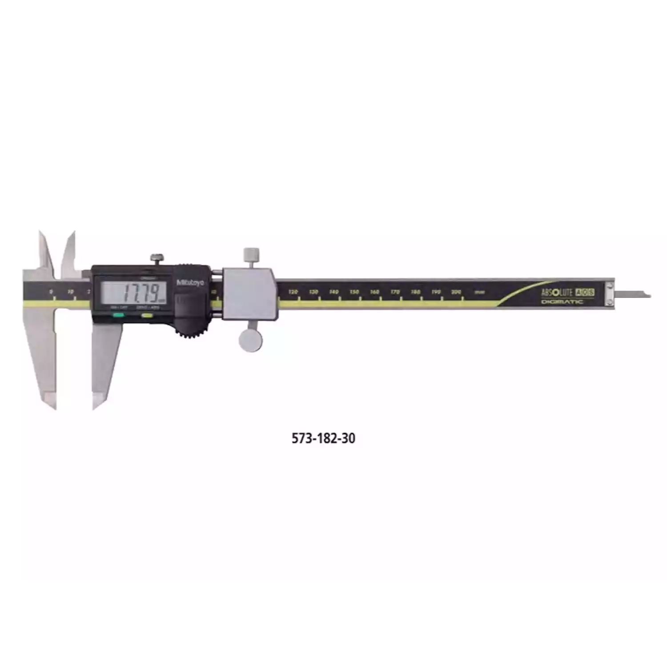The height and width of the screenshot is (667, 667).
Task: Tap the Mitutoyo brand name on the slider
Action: [x=191, y=282]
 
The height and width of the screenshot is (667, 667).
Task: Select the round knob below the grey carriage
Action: [x=250, y=339]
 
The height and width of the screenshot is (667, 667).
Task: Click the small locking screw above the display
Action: [x=157, y=258]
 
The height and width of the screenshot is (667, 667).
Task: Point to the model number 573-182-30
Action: [x=323, y=438]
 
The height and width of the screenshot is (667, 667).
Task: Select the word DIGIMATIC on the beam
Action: [x=562, y=302]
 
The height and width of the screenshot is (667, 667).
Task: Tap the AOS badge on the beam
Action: [x=585, y=292]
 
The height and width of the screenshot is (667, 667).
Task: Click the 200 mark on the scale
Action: [x=456, y=292]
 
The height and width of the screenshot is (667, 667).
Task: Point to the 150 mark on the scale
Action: [x=354, y=292]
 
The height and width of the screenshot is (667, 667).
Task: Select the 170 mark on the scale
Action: [x=395, y=292]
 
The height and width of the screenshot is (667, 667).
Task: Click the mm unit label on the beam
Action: [x=479, y=293]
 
